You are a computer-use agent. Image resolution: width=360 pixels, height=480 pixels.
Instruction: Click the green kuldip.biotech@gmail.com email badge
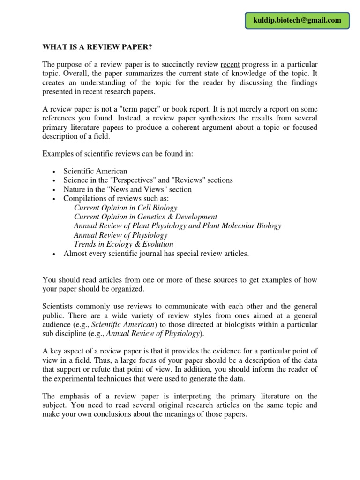point(297,20)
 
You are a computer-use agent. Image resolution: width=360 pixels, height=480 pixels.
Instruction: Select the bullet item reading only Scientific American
point(95,171)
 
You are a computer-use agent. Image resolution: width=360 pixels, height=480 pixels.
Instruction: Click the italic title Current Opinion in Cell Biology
point(126,208)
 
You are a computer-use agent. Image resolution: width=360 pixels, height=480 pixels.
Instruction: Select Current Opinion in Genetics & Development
point(145,217)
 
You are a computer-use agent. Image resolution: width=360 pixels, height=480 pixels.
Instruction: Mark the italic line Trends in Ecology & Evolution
point(123,244)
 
